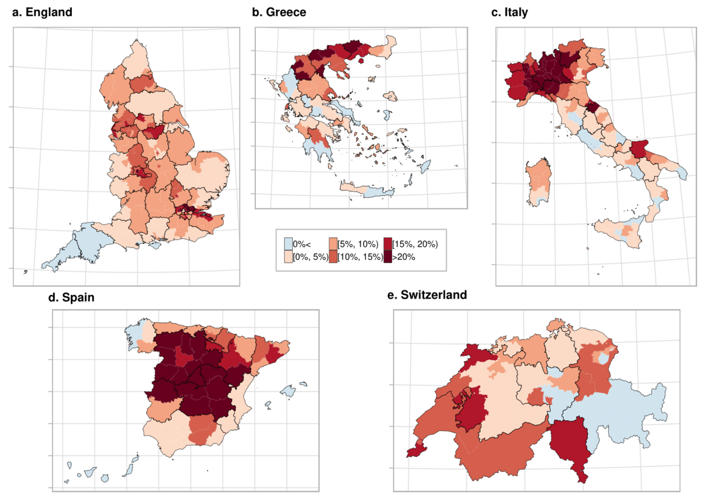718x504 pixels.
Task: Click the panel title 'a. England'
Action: coord(42,12)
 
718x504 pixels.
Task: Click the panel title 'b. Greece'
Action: coord(279,12)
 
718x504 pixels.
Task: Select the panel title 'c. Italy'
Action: coord(509,12)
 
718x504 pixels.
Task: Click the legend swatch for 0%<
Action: coord(288,244)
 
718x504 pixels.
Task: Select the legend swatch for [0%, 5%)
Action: coord(288,256)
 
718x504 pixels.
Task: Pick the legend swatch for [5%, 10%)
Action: coord(333,244)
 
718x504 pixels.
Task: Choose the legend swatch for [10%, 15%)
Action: coord(333,256)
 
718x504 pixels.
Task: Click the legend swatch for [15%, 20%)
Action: coord(388,244)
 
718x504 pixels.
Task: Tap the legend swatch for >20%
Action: coord(388,256)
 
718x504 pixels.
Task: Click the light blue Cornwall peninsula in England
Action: coord(73,247)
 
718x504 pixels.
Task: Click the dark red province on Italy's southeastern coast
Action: coord(639,150)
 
